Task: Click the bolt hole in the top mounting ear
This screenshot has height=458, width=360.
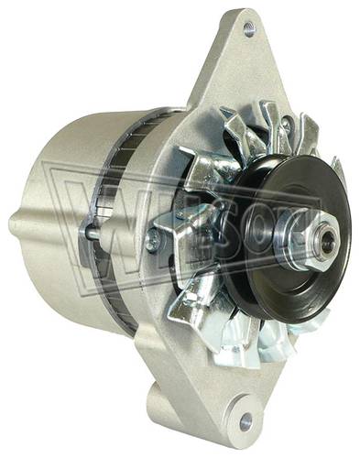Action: (x=249, y=29)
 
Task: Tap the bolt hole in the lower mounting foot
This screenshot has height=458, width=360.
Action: (x=246, y=421)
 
